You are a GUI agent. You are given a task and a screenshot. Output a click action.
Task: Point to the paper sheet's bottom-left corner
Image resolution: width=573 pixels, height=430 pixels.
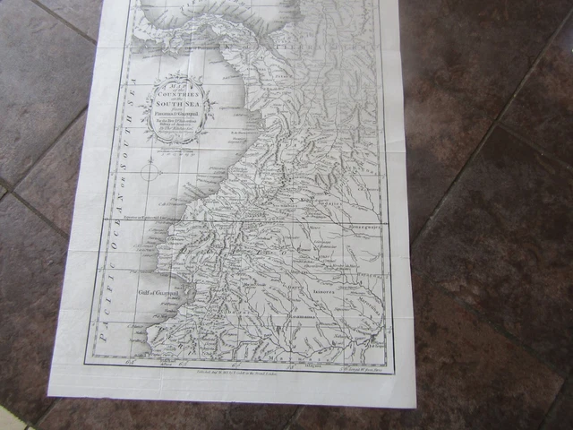48,395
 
